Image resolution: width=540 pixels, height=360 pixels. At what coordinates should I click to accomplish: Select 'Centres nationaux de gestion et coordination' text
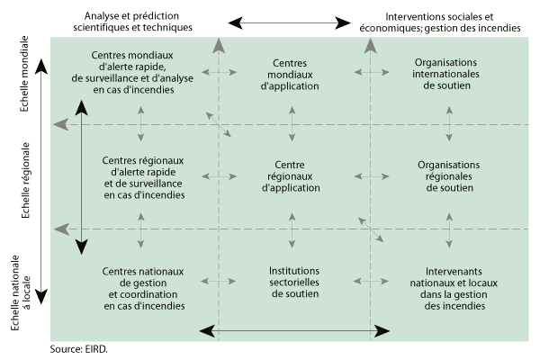pyautogui.click(x=143, y=288)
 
